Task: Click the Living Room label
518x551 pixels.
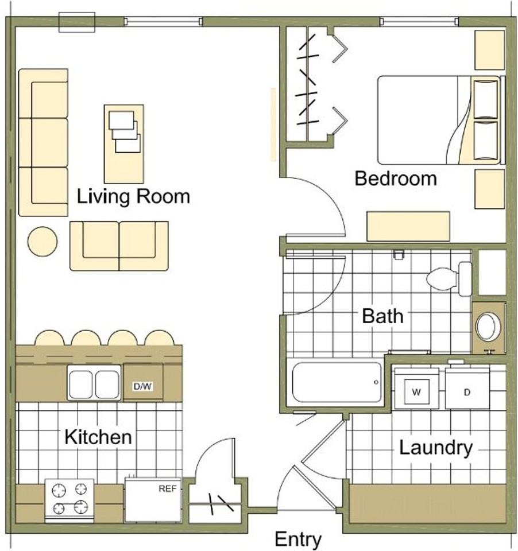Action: pyautogui.click(x=133, y=196)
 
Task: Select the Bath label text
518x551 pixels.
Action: pyautogui.click(x=382, y=316)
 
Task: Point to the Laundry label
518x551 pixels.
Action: pyautogui.click(x=436, y=448)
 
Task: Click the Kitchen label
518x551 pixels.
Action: pyautogui.click(x=98, y=437)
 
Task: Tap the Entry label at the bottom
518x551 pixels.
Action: pyautogui.click(x=298, y=539)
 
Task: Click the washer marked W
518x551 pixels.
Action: pyautogui.click(x=416, y=389)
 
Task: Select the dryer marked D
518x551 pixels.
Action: pyautogui.click(x=467, y=389)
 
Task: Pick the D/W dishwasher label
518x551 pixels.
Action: pyautogui.click(x=142, y=386)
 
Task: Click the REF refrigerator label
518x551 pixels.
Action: pyautogui.click(x=167, y=488)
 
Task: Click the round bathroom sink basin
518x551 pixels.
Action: pyautogui.click(x=488, y=327)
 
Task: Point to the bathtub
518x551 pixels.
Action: pyautogui.click(x=337, y=382)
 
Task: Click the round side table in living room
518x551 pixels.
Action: pyautogui.click(x=42, y=242)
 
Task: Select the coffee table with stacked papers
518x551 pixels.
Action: pyautogui.click(x=124, y=143)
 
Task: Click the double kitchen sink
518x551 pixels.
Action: pyautogui.click(x=94, y=382)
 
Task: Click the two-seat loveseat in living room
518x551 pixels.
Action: pyautogui.click(x=119, y=246)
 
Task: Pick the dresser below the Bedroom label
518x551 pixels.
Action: pyautogui.click(x=408, y=226)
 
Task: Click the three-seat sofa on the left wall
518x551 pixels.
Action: pyautogui.click(x=43, y=142)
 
